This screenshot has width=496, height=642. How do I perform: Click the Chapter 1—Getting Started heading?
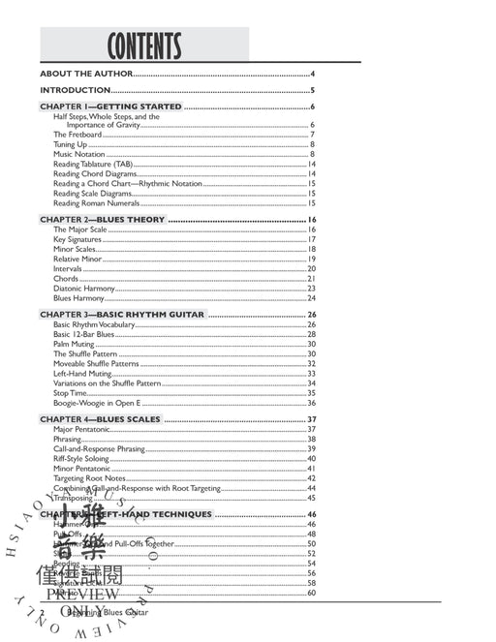[110, 107]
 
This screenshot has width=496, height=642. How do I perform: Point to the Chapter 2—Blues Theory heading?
[103, 220]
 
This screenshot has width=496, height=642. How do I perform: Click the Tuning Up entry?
[70, 144]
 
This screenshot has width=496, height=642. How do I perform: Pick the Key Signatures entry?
[77, 239]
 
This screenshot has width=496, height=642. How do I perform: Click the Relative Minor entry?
[77, 260]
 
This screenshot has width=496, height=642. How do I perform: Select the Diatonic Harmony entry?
[83, 289]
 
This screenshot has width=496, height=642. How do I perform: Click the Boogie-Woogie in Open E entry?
[98, 403]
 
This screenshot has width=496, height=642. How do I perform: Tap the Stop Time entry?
[70, 393]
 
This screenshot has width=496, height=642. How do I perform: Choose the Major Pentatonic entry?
[82, 429]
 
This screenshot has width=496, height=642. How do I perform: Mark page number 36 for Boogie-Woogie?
[312, 403]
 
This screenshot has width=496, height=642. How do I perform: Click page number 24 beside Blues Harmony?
[312, 298]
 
